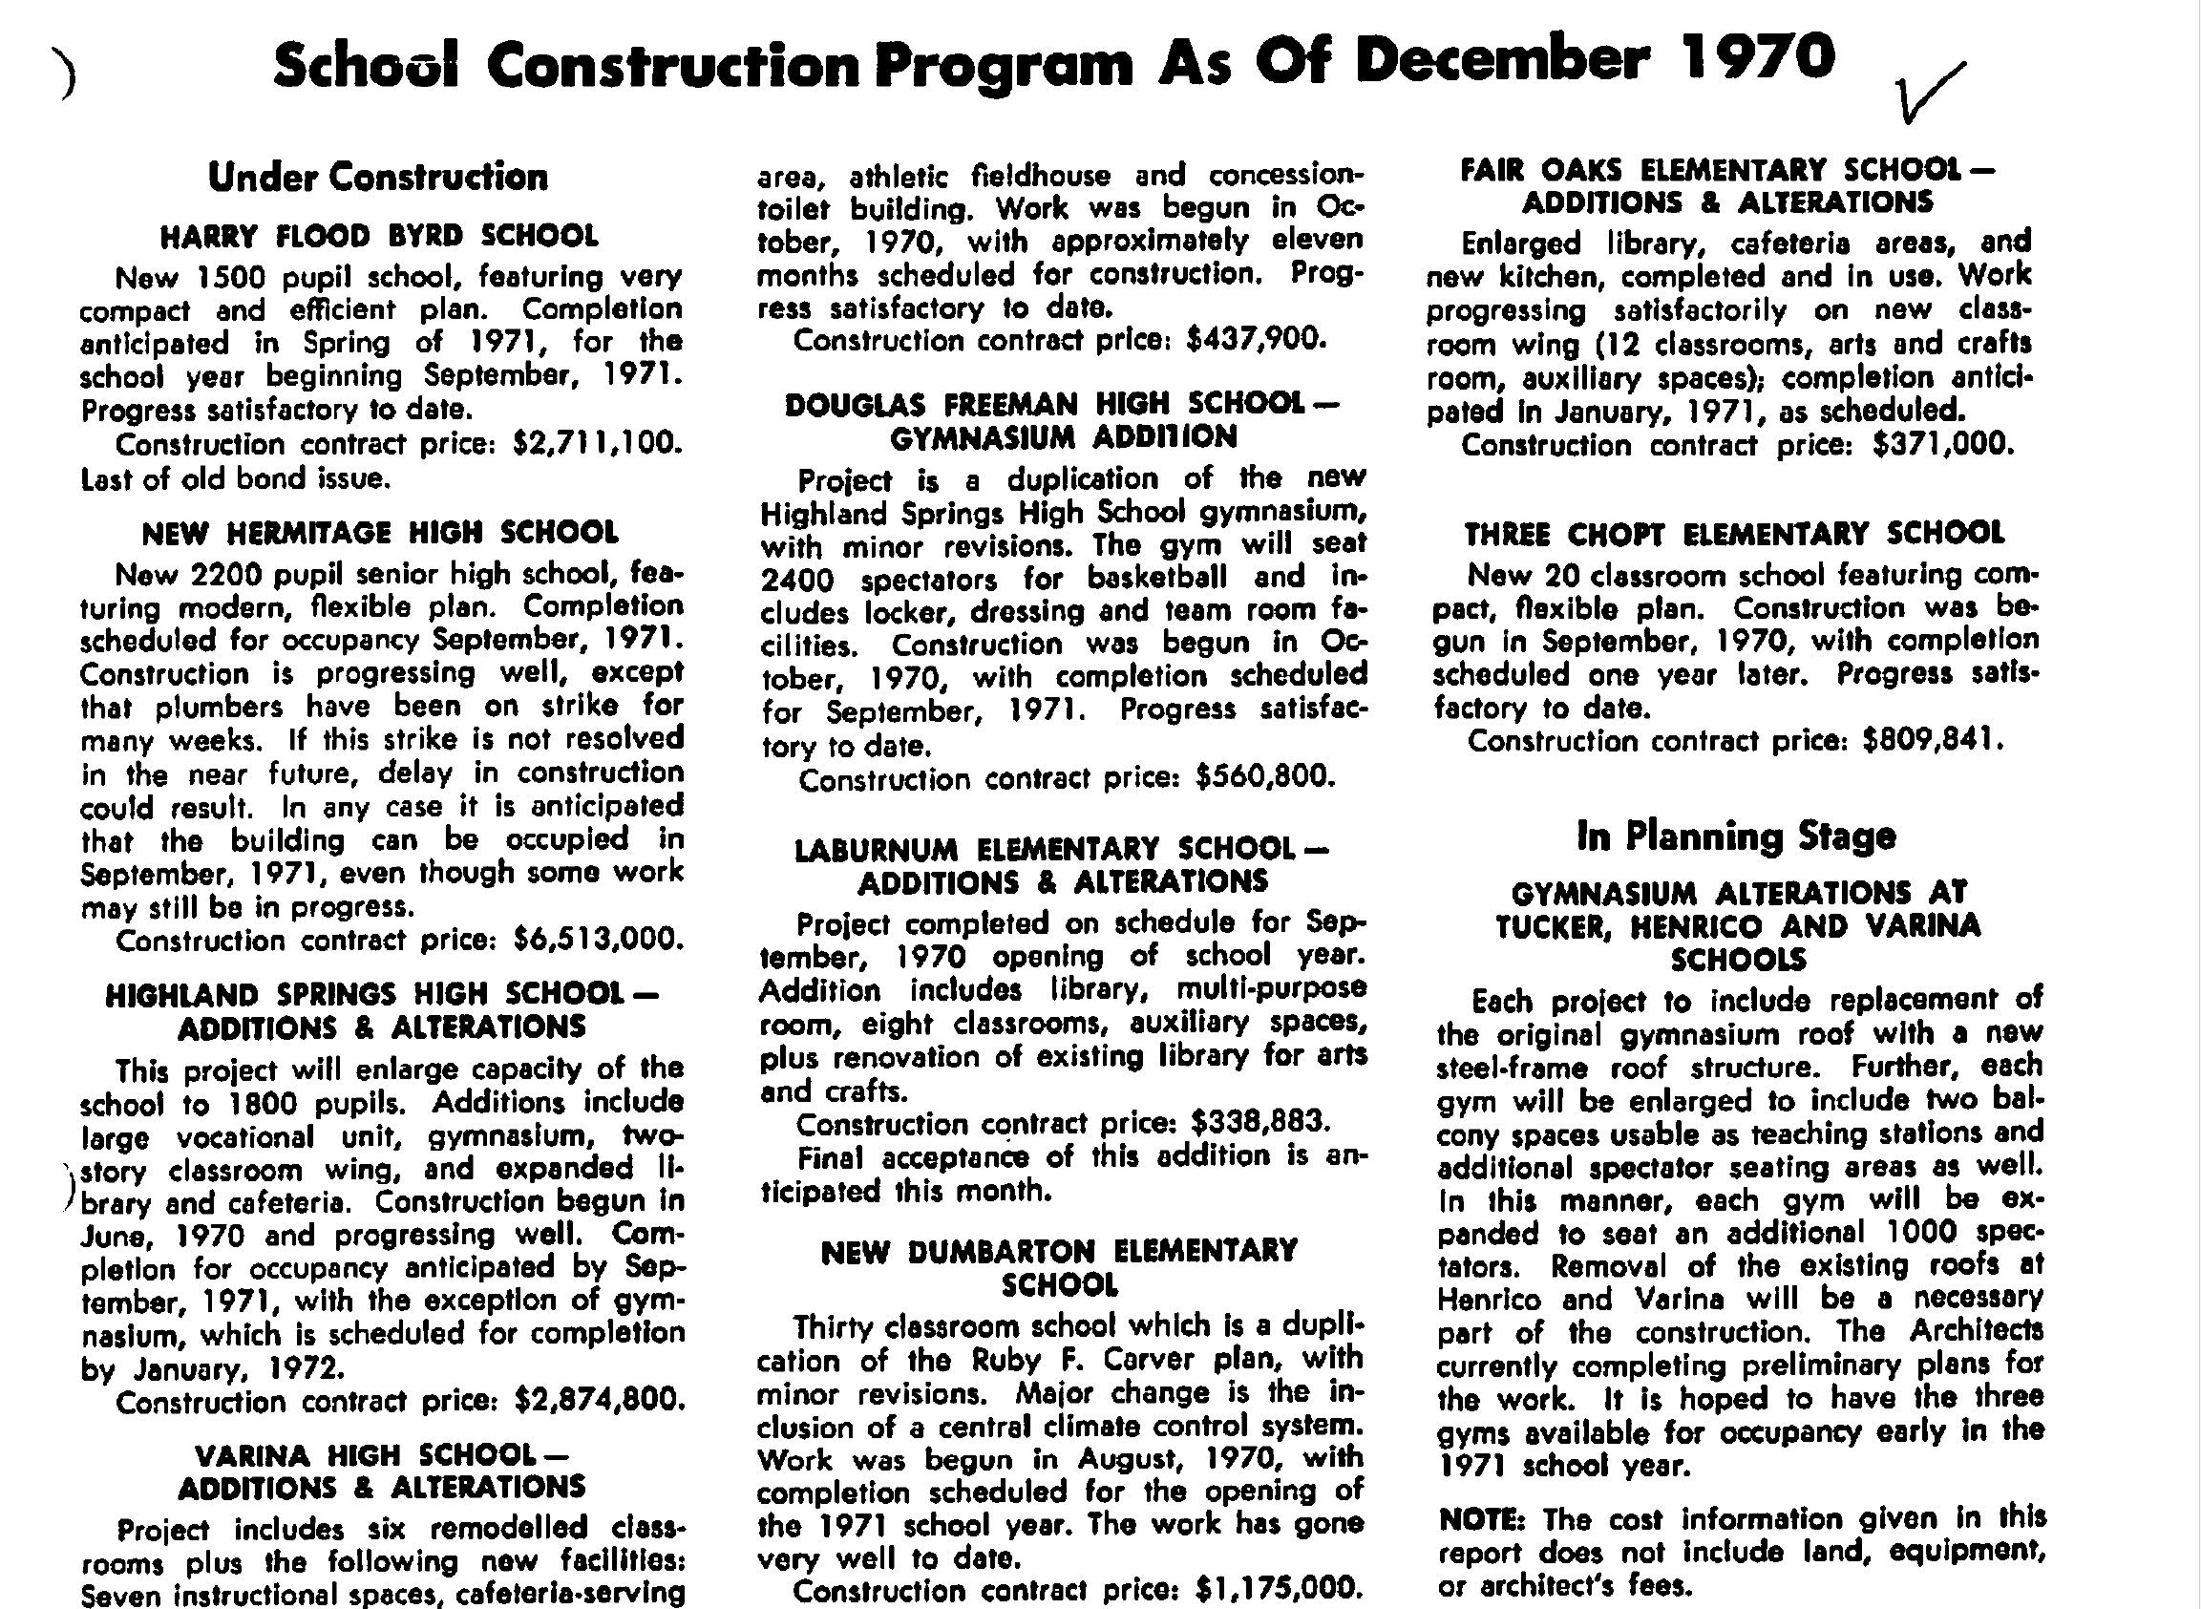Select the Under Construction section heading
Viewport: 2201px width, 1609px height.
(378, 178)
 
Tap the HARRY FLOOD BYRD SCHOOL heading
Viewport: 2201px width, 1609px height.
(379, 237)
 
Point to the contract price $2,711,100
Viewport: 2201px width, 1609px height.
(597, 444)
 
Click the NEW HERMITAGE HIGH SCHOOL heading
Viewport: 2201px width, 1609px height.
(380, 533)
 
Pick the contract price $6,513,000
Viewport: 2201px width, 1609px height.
(598, 940)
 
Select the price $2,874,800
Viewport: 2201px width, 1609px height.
(599, 1401)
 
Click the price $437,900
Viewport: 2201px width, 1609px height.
(1256, 340)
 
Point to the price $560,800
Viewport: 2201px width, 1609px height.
(1264, 777)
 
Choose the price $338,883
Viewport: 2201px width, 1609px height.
(1260, 1122)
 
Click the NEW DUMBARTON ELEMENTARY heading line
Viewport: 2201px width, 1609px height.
(1059, 1252)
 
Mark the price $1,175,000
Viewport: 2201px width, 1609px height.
(1275, 1589)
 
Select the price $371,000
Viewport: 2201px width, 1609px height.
(1942, 445)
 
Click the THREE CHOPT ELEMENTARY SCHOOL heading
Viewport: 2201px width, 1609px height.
(1734, 534)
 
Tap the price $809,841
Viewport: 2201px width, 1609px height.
(1933, 741)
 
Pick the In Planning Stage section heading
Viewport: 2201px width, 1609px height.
(1735, 836)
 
